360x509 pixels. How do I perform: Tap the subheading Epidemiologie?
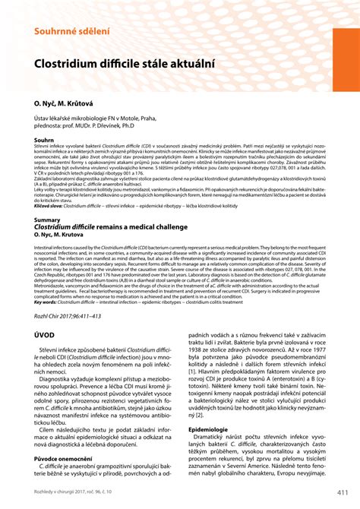click(x=208, y=450)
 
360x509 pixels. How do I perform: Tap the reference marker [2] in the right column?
click(x=200, y=436)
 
